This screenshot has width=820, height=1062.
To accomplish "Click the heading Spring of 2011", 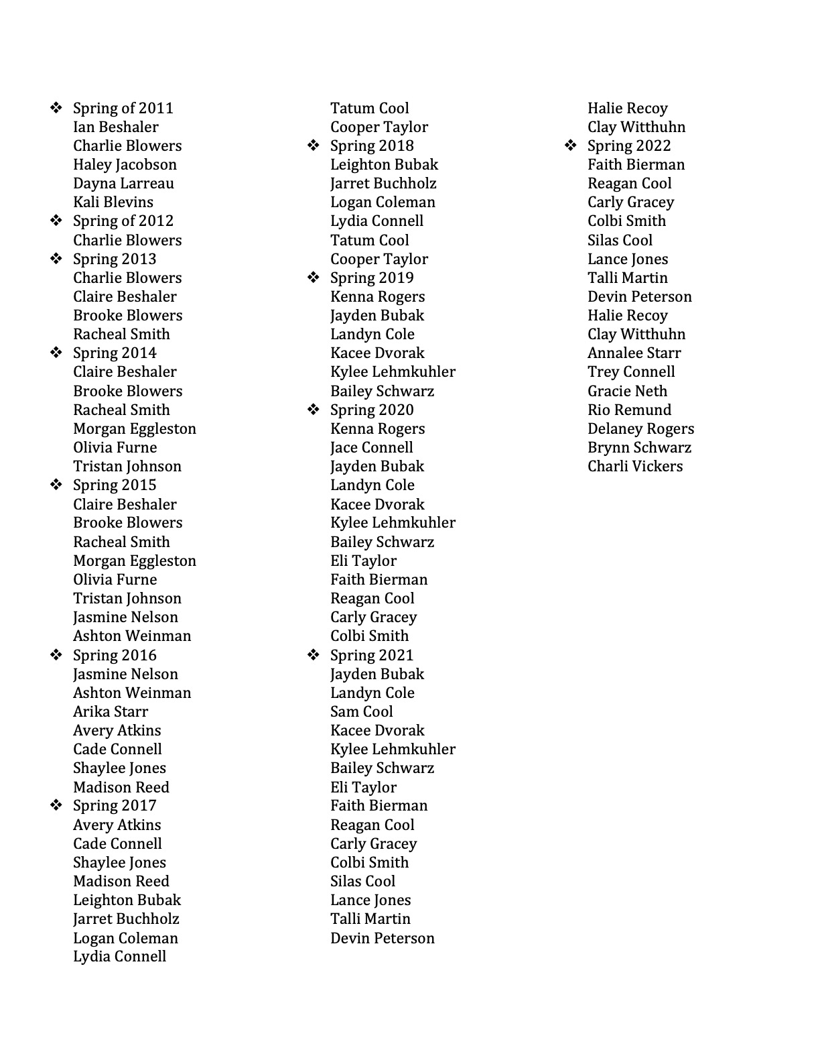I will click(x=123, y=109).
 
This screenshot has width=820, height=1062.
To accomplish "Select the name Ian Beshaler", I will click(x=116, y=127).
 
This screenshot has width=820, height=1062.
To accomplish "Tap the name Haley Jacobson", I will click(x=125, y=165).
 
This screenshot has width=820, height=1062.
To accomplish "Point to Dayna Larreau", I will click(x=123, y=184).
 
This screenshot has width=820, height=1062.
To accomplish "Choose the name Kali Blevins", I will click(x=113, y=202).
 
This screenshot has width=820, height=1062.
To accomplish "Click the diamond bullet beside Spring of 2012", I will click(x=56, y=221).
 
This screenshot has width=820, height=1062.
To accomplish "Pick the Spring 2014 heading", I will click(x=115, y=353).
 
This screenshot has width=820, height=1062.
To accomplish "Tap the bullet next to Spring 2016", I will click(x=56, y=655).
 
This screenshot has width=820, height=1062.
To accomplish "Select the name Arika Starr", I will click(x=111, y=712).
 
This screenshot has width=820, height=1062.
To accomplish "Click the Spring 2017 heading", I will click(x=115, y=806).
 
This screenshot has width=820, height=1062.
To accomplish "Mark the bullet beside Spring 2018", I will click(x=313, y=145).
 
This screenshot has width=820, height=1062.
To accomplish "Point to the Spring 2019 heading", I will click(x=372, y=278).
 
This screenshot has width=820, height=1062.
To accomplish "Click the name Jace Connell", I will click(x=372, y=448).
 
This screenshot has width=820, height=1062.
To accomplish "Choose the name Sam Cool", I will click(x=362, y=712).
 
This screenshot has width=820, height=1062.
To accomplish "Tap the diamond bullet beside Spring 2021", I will click(x=313, y=655).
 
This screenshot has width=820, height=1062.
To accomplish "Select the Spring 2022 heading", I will click(x=629, y=146).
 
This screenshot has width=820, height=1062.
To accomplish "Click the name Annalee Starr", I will click(x=634, y=353).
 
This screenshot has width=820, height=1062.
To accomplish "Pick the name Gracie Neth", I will click(x=627, y=392).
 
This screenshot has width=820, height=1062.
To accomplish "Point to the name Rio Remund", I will click(x=629, y=410).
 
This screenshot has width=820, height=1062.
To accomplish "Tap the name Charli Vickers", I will click(x=635, y=467).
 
